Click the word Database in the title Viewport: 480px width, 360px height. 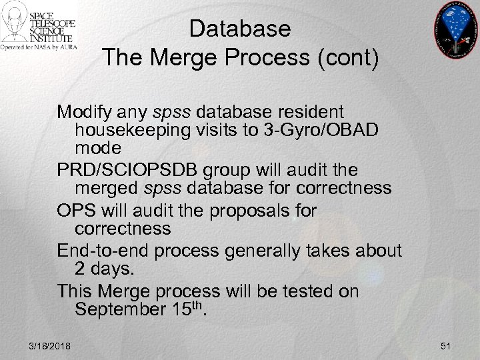point(240,29)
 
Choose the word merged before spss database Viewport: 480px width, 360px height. point(110,189)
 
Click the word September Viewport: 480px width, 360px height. point(125,310)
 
